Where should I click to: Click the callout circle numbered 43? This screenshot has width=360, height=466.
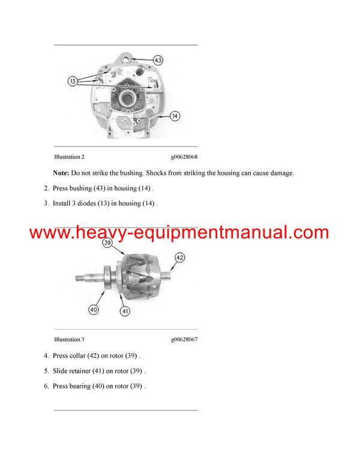(x=158, y=60)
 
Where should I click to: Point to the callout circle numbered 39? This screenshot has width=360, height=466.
(x=107, y=244)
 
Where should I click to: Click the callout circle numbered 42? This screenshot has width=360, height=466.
(x=180, y=258)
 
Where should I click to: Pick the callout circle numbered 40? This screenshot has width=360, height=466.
(x=93, y=310)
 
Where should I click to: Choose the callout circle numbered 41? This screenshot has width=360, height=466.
(x=125, y=311)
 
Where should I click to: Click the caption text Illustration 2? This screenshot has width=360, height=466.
(x=69, y=157)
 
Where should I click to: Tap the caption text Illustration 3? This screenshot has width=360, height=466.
(x=69, y=340)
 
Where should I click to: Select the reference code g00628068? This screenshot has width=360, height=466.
(x=184, y=157)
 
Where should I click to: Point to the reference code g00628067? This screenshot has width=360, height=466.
(x=184, y=340)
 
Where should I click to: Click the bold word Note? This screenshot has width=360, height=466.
(x=61, y=173)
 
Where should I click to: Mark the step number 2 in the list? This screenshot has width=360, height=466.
(x=46, y=188)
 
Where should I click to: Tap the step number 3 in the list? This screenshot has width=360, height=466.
(x=46, y=204)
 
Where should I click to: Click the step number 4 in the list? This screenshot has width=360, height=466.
(x=46, y=356)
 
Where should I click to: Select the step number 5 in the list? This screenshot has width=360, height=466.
(x=46, y=371)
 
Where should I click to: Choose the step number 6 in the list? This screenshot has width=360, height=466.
(x=46, y=386)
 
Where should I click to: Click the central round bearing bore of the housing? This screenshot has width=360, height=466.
(x=128, y=97)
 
